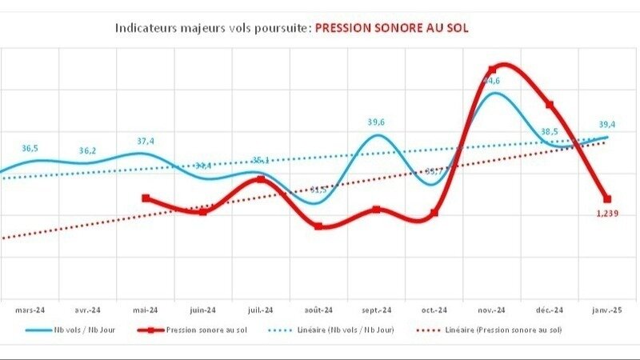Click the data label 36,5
(30, 149)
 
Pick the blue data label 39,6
(376, 122)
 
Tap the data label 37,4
(146, 142)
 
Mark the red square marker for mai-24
(145, 198)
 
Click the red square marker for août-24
(318, 226)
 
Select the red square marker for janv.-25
(607, 198)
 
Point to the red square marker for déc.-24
(550, 105)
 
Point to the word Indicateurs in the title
(145, 27)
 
